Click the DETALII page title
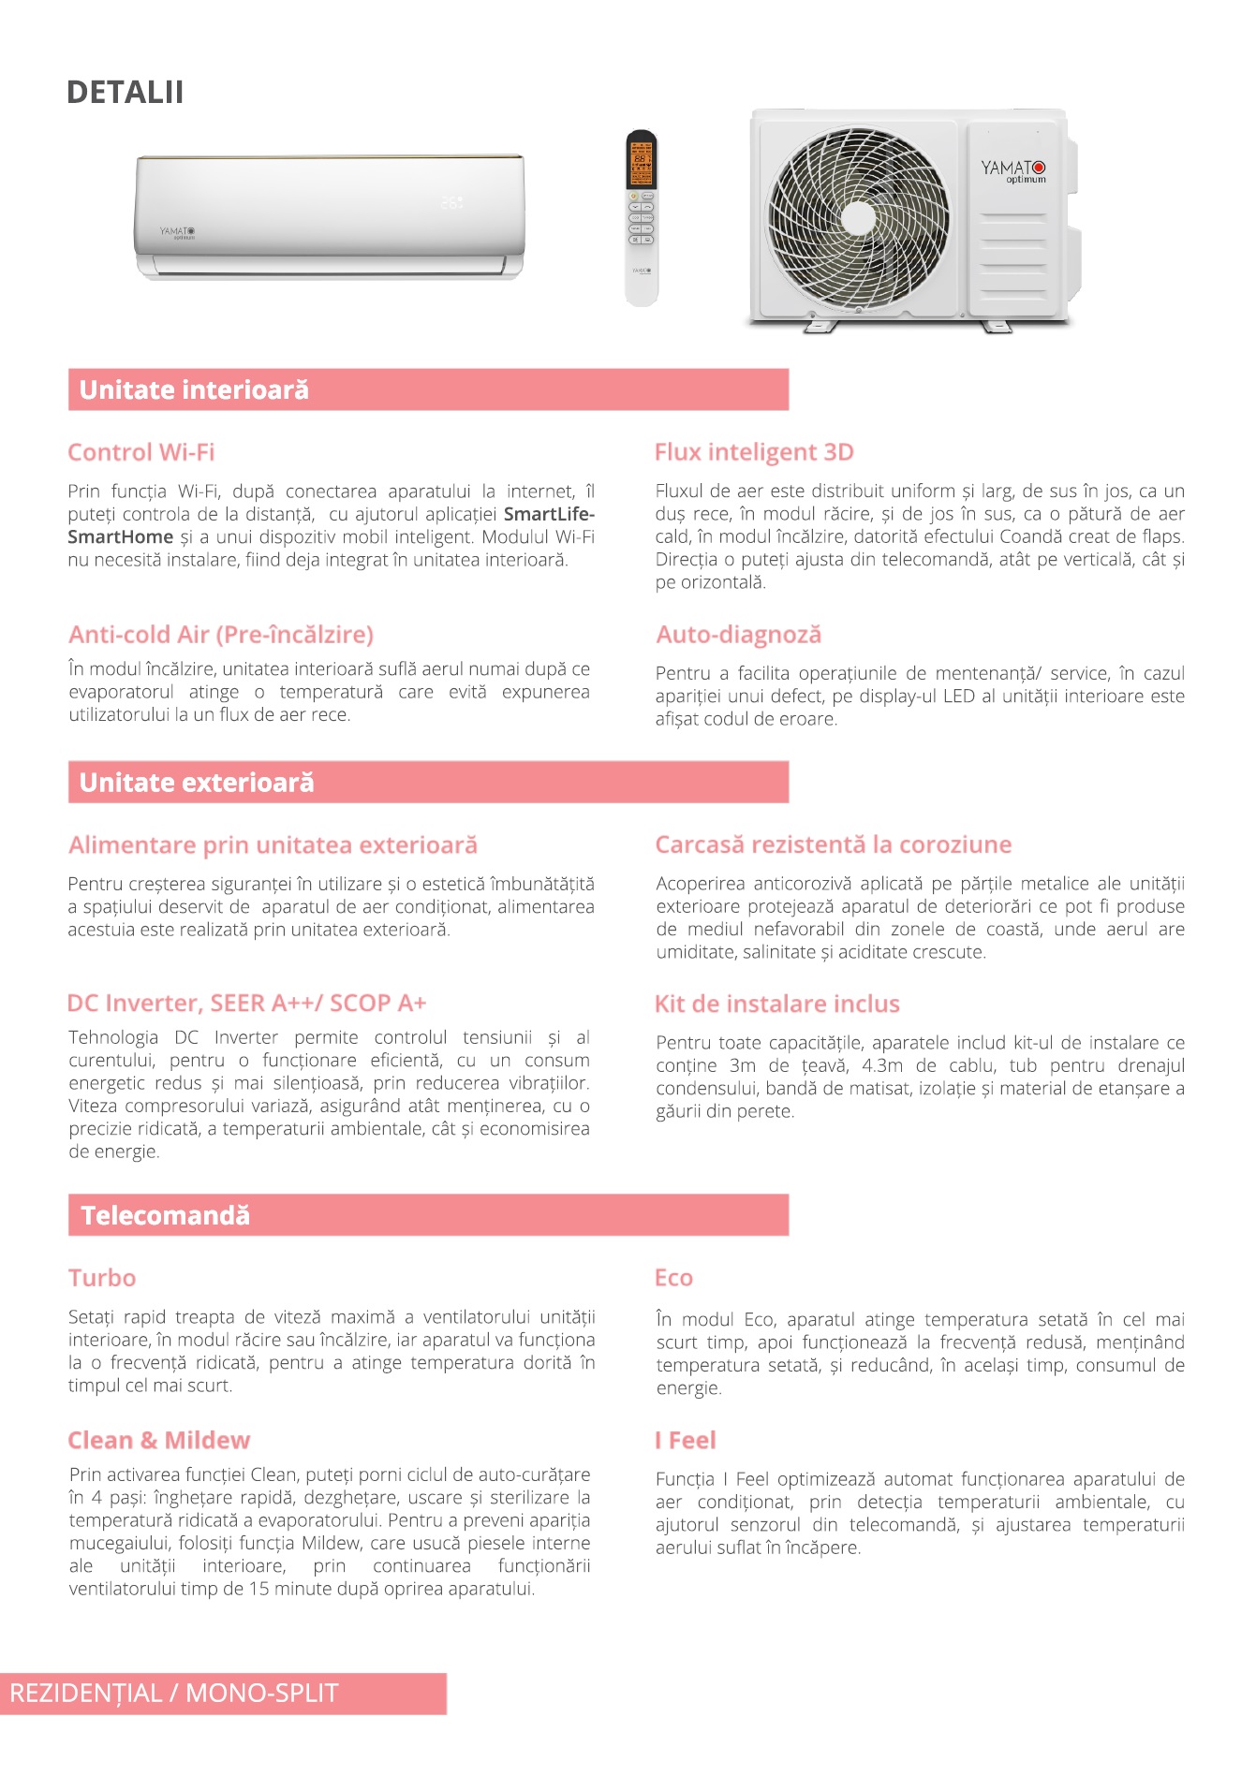coord(125,93)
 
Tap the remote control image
coord(642,217)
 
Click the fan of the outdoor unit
coord(857,217)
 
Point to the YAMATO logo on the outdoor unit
coord(1013,170)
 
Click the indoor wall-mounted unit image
coord(329,215)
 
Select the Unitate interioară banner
coord(428,389)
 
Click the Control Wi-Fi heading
coord(141,453)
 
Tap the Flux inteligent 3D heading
coord(754,453)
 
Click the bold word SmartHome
coord(121,537)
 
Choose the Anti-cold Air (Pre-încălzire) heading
coord(221,635)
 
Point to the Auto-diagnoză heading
coord(738,635)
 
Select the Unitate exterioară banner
coord(428,783)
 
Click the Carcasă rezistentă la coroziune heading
coord(834,845)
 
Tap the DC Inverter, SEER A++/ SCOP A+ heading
coord(246,1004)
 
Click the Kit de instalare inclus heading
coord(776,1005)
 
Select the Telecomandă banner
coord(428,1215)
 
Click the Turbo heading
coord(102,1279)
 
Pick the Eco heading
coord(673,1279)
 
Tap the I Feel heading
coord(686,1441)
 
